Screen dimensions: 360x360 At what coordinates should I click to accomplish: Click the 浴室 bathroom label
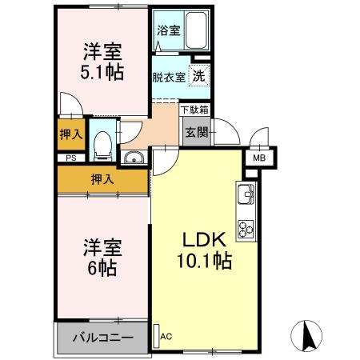pos(168,30)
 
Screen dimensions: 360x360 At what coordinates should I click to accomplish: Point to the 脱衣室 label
pos(169,78)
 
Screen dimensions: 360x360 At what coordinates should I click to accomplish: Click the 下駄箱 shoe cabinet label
pos(194,109)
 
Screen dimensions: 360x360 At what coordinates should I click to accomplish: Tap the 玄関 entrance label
pos(197,133)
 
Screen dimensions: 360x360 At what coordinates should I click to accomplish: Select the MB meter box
pos(260,158)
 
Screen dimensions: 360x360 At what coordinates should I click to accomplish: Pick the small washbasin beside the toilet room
pos(134,157)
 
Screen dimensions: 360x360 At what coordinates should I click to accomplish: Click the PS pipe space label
pos(71,158)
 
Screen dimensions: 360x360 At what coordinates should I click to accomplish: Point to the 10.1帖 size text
pos(204,260)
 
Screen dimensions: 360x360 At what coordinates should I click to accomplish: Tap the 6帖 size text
pos(102,268)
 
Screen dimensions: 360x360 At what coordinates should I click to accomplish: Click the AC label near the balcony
pos(166,336)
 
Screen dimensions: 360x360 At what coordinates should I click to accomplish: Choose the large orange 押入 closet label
pos(102,179)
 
